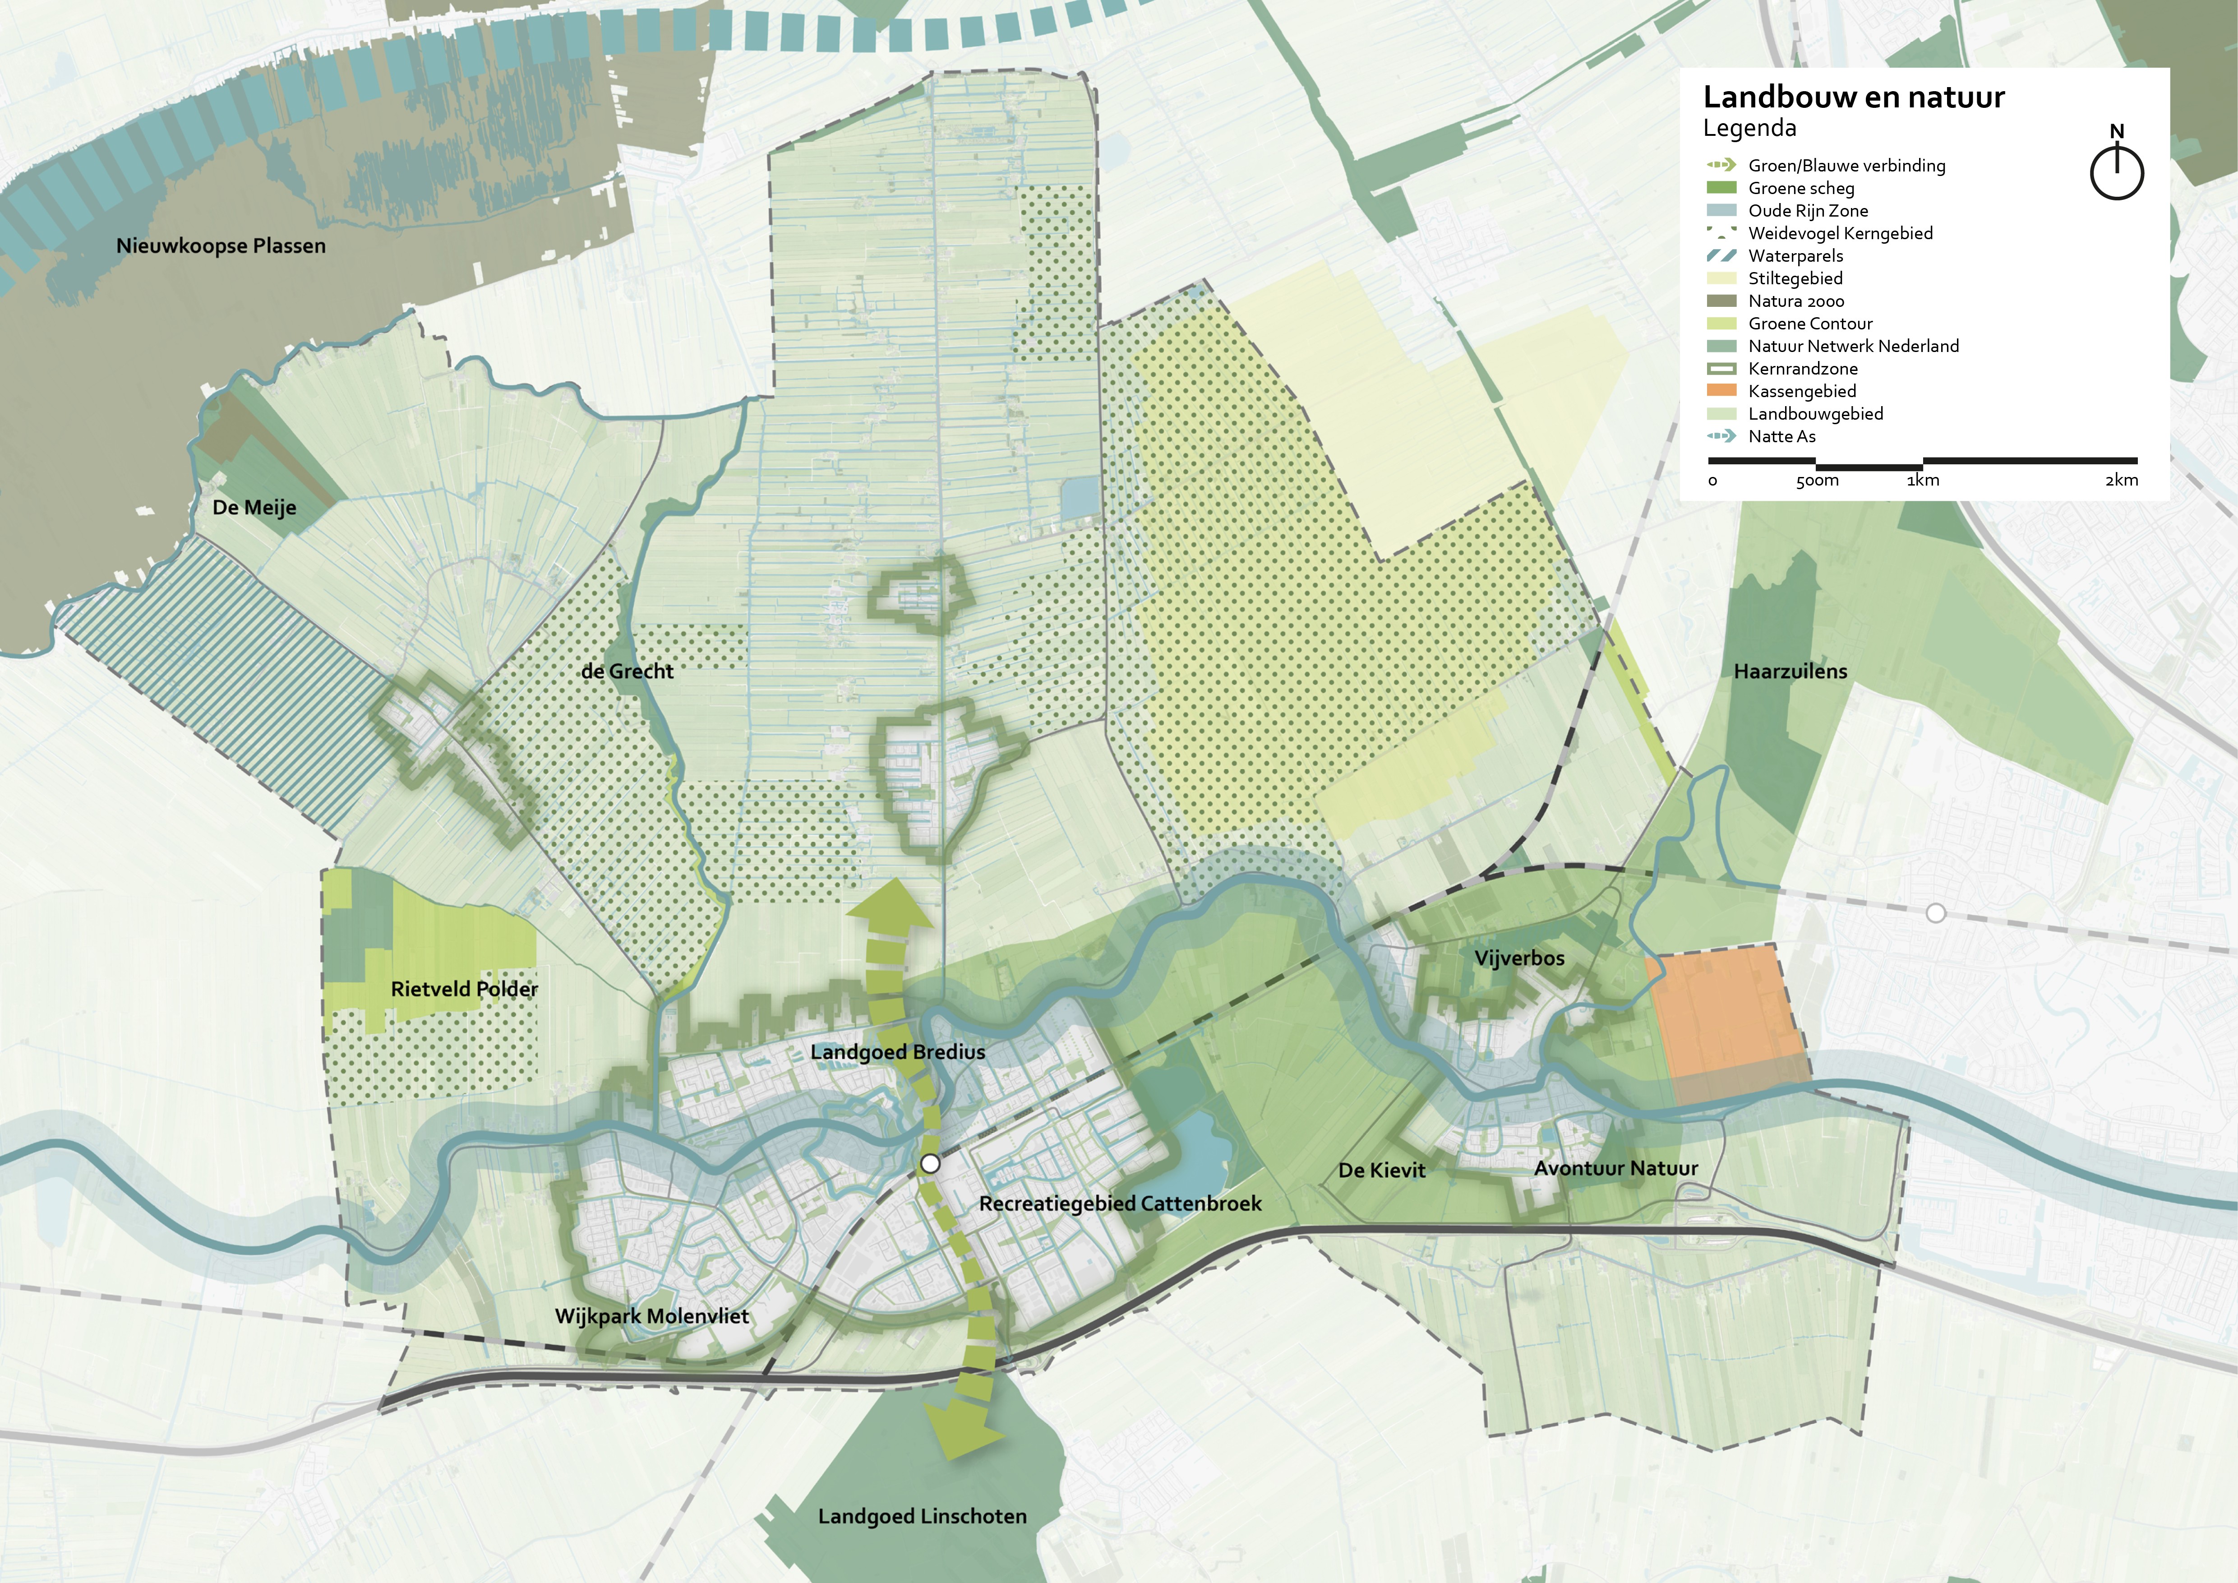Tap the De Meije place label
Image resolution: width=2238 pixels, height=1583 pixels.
[x=254, y=507]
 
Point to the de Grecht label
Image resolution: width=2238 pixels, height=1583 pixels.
[x=627, y=671]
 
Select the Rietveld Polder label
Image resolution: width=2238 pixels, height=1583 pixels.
[x=464, y=988]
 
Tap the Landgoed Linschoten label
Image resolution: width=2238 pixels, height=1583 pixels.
[x=922, y=1516]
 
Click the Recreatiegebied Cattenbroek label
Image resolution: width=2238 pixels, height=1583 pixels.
[x=1120, y=1203]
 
